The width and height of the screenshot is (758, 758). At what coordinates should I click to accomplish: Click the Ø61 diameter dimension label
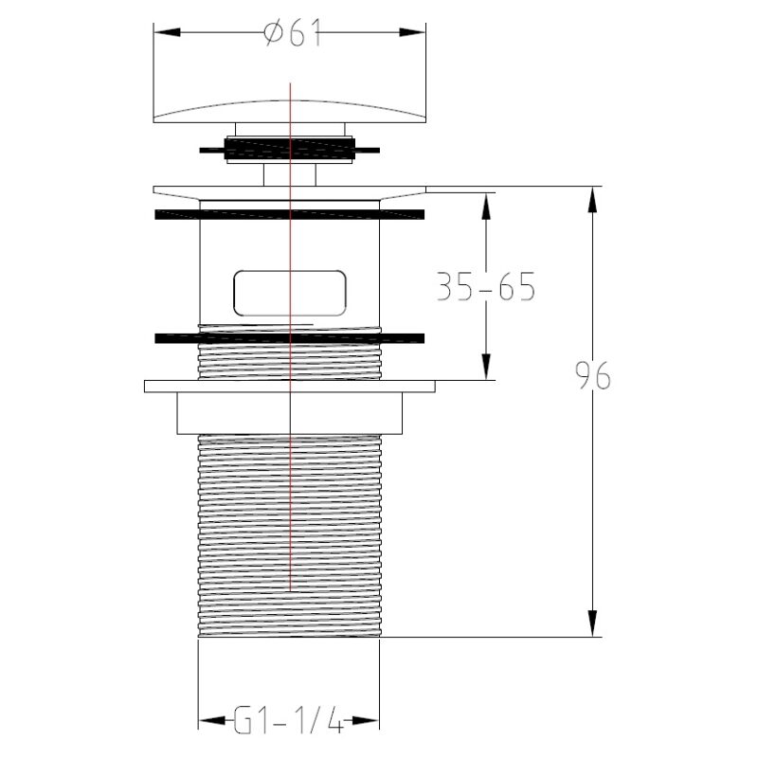(x=294, y=33)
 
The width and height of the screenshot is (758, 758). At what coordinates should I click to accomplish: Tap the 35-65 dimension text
(x=486, y=287)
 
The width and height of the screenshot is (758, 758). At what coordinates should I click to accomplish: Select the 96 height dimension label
(x=593, y=375)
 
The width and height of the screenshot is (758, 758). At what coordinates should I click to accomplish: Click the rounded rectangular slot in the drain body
(x=290, y=293)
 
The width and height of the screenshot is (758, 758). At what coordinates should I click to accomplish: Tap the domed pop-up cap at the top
(x=290, y=111)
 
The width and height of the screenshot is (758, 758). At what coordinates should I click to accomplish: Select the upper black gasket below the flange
(x=290, y=215)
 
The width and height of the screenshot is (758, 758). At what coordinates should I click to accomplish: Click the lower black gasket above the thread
(x=290, y=338)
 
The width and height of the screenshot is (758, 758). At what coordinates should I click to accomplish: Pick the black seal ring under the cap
(x=290, y=149)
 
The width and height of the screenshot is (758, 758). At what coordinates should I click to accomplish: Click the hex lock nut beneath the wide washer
(x=290, y=413)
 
